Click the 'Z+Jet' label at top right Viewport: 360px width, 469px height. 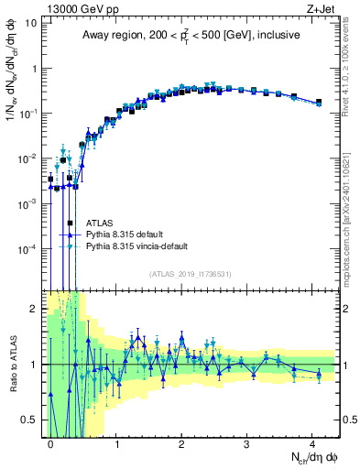click(x=321, y=8)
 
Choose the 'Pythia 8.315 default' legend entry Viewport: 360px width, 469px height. click(x=127, y=234)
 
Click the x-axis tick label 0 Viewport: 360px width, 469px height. click(x=51, y=442)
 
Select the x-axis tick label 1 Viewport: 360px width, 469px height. click(x=116, y=442)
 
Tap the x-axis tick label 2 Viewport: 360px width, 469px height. click(x=181, y=442)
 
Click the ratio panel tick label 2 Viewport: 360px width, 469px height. click(x=37, y=309)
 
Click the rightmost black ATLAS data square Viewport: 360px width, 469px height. click(x=318, y=102)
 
